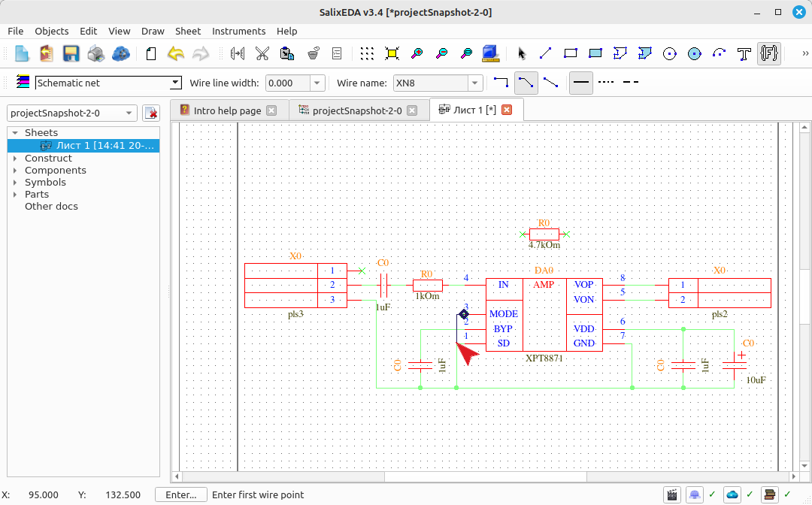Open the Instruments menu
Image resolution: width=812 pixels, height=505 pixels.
(239, 31)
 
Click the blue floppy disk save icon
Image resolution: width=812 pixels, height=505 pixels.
(71, 53)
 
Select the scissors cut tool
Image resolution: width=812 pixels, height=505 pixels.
(262, 53)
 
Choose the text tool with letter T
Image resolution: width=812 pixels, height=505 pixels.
(744, 53)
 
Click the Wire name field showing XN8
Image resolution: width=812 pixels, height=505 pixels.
(431, 83)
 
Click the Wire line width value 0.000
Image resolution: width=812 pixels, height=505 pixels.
(288, 83)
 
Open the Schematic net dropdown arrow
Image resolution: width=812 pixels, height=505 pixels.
(175, 83)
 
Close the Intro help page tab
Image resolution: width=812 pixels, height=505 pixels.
(271, 110)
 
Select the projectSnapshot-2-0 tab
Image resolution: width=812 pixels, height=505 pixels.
(358, 110)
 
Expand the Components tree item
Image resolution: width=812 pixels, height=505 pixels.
(15, 171)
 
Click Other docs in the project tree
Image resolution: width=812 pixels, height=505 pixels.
(51, 206)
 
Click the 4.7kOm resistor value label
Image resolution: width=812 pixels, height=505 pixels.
(544, 245)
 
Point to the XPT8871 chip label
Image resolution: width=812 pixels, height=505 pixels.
(544, 358)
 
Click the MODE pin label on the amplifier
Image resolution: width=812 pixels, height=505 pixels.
(503, 313)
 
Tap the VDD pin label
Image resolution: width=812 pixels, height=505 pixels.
(584, 328)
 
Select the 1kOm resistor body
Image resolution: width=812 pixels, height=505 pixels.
(428, 285)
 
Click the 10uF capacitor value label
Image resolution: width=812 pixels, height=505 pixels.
(756, 380)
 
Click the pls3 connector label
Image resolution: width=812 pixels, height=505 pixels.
(295, 314)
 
